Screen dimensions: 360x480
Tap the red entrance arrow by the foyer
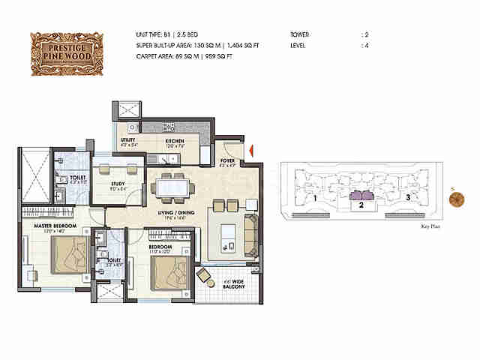pyautogui.click(x=253, y=153)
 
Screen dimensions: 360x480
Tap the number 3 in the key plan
pyautogui.click(x=407, y=198)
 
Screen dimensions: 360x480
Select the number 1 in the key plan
pyautogui.click(x=316, y=199)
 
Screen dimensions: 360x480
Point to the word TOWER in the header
pyautogui.click(x=300, y=34)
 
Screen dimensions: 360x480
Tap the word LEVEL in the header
pyautogui.click(x=298, y=46)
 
